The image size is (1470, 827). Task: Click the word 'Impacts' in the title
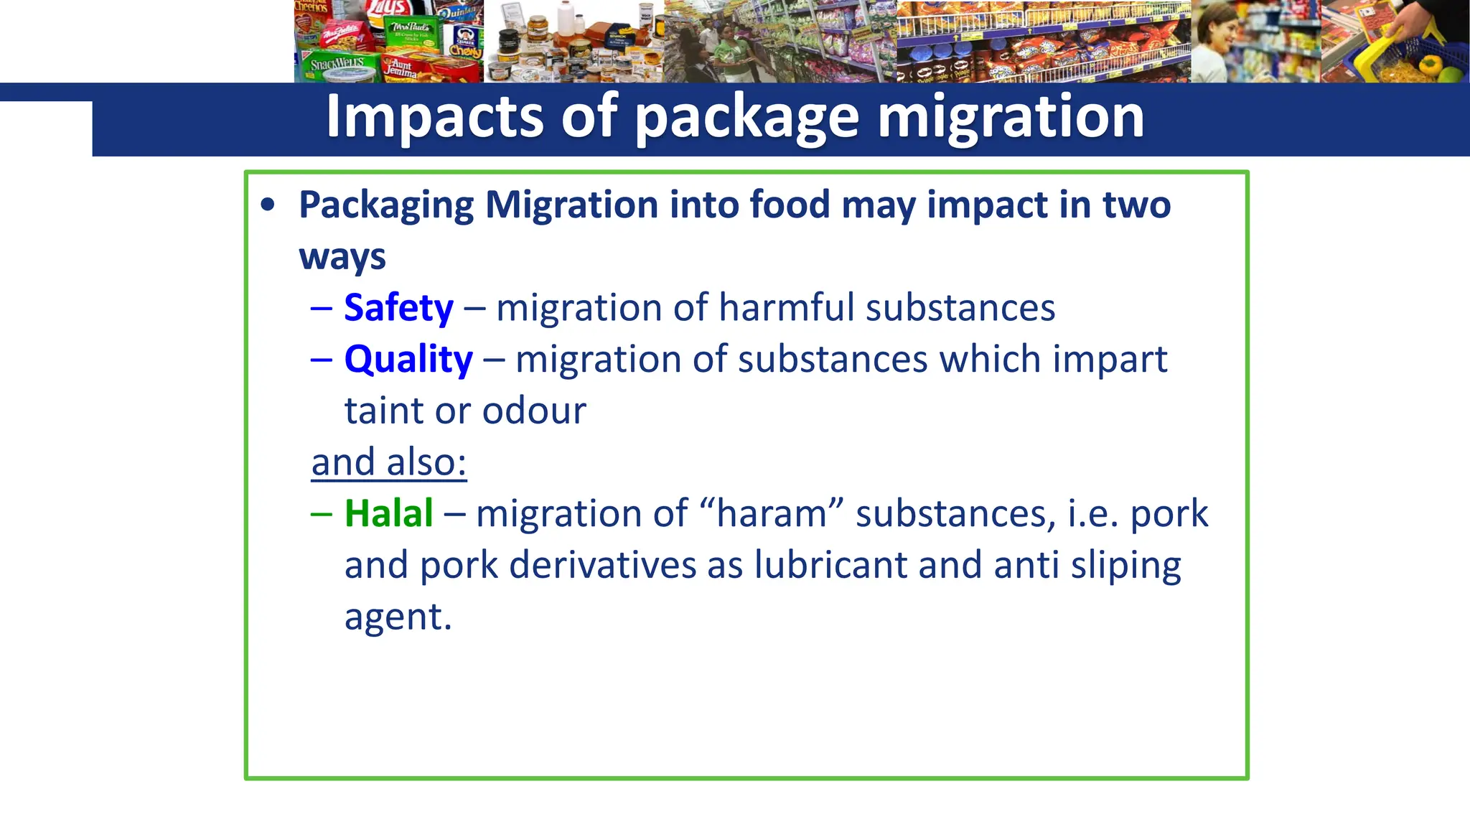click(434, 116)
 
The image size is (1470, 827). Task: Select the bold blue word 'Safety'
click(398, 308)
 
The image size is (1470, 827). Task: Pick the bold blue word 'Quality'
click(408, 359)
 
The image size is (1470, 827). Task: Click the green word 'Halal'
click(388, 513)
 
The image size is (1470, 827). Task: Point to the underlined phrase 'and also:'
click(389, 462)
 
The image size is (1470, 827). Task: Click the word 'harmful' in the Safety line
click(787, 308)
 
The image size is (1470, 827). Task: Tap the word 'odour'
click(534, 411)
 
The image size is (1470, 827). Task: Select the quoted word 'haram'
click(772, 514)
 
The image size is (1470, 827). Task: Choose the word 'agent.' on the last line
click(398, 617)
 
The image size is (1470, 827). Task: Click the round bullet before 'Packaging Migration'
click(268, 205)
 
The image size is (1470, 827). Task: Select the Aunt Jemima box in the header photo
click(402, 68)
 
